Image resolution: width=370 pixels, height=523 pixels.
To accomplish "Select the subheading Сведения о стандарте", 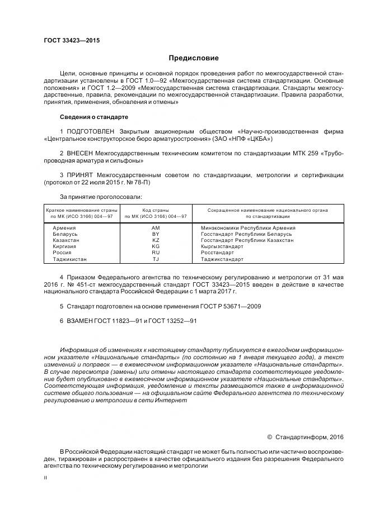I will (x=94, y=117).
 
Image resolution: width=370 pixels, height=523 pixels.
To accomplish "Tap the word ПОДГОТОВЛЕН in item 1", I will (x=90, y=131).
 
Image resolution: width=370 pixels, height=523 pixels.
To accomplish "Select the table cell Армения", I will (x=64, y=228).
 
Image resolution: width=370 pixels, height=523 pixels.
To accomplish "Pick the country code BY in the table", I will (x=156, y=234).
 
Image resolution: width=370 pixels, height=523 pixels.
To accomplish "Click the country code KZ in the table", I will (x=156, y=240).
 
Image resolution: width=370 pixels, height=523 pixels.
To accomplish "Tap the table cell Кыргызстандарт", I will (x=222, y=246).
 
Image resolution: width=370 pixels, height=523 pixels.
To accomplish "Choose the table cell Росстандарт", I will (x=218, y=253).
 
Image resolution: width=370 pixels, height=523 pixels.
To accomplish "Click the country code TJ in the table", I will (x=156, y=259).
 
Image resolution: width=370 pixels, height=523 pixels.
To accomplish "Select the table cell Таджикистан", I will (x=69, y=259).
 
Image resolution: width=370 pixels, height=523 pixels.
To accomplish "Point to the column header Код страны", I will (x=156, y=210).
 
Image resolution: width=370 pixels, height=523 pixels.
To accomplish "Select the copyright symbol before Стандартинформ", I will (x=269, y=437).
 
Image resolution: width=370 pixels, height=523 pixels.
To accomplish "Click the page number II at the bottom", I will (x=45, y=478).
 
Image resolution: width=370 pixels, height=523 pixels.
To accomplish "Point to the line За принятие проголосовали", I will (x=100, y=196).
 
